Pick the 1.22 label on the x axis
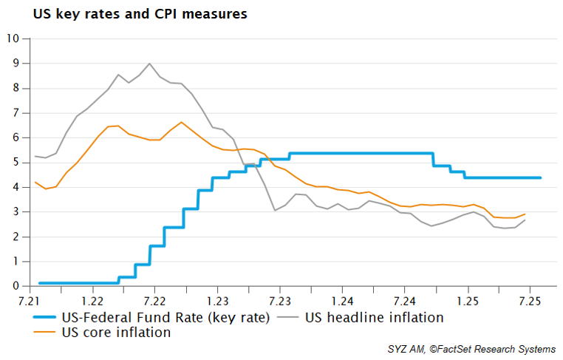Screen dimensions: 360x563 coord(92,302)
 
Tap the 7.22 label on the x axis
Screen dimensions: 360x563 coord(154,302)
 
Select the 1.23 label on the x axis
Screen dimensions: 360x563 coord(217,302)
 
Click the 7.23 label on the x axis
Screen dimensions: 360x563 coord(280,302)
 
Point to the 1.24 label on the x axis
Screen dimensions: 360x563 coord(343,302)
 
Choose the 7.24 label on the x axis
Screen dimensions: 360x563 coord(406,302)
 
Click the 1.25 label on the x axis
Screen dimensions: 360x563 coord(468,302)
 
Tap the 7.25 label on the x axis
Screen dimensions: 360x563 coord(531,302)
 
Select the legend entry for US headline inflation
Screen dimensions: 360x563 coord(374,318)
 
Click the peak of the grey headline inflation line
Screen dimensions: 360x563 coord(150,64)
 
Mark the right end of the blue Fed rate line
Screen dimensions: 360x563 coord(541,177)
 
